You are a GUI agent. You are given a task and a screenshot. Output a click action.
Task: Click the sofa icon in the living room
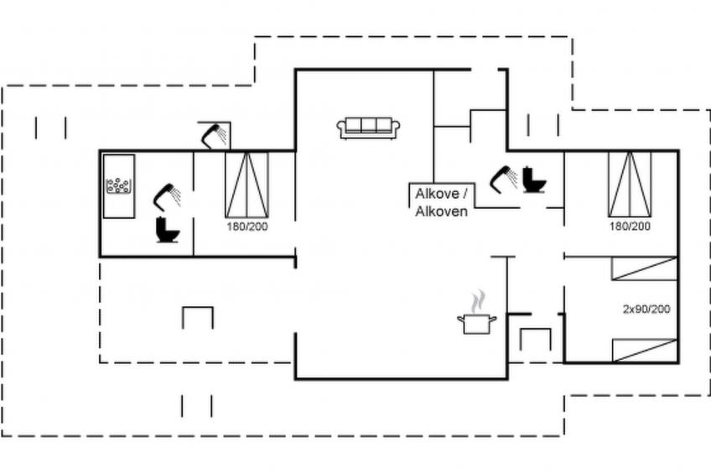(x=368, y=128)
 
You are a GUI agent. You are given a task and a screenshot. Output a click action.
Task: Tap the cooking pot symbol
(x=476, y=322)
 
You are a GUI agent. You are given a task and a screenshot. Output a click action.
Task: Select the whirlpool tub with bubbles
(x=120, y=186)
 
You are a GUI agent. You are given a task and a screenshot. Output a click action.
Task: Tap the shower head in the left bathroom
(x=166, y=195)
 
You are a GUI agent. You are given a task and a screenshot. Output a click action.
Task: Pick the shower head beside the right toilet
(x=503, y=177)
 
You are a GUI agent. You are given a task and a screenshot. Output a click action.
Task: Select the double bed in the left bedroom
(x=247, y=185)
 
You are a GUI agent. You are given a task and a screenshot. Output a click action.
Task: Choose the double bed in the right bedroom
(x=630, y=185)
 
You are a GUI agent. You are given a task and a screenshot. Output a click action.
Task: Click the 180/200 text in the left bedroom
(x=247, y=227)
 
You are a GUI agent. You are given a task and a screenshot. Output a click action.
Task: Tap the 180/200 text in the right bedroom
(x=630, y=227)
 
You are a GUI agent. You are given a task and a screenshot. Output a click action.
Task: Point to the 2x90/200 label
(x=646, y=310)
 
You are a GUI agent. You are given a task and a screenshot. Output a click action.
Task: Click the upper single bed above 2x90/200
(x=644, y=268)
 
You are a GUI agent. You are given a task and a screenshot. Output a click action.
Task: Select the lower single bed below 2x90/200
(x=644, y=350)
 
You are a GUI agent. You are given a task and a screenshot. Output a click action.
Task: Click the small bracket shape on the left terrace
(x=198, y=317)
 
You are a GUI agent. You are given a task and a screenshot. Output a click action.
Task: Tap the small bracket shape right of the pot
(x=535, y=338)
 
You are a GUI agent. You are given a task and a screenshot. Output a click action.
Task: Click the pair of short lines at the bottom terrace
(x=197, y=406)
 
